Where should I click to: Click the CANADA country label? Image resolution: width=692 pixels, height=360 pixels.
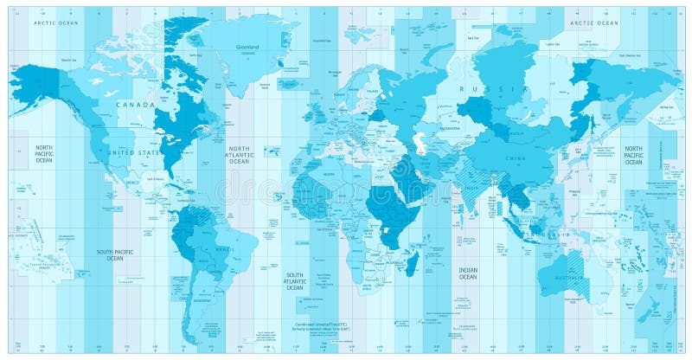click(x=142, y=105)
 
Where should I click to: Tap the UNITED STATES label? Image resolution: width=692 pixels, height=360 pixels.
click(x=135, y=152)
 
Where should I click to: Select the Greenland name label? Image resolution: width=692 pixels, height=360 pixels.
click(x=249, y=48)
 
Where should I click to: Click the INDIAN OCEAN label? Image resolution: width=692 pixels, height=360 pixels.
click(x=467, y=273)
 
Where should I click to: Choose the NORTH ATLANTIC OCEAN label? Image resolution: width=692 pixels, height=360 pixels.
click(x=239, y=155)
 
